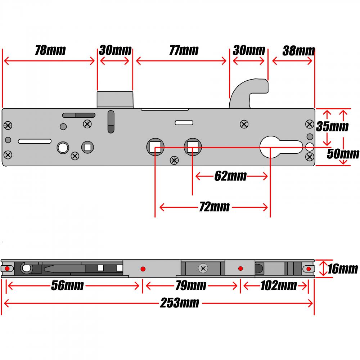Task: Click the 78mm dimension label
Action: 50,50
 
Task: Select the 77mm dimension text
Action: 184,50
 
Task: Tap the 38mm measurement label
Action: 298,51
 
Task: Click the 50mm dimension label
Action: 343,154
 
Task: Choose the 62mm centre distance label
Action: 230,176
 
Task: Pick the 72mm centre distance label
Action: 214,207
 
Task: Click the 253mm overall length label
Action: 179,303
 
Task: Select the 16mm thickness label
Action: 342,269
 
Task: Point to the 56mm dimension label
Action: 67,286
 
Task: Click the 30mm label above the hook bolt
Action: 249,50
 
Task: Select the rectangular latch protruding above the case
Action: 115,99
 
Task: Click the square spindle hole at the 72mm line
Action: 155,147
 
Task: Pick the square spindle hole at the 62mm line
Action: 192,147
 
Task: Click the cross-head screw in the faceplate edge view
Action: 203,268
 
